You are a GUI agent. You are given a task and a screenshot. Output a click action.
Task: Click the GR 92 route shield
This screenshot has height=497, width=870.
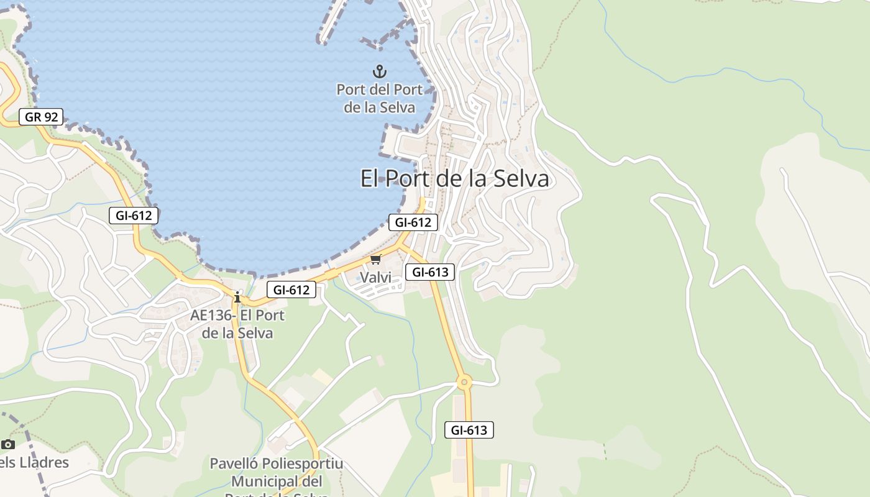(x=41, y=116)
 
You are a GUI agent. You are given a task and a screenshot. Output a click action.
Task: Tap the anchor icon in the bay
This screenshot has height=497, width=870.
(x=379, y=71)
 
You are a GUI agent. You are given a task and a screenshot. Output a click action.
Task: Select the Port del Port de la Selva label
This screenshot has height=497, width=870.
(x=379, y=98)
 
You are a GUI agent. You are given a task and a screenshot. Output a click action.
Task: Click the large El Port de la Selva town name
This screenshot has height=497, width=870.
(x=455, y=179)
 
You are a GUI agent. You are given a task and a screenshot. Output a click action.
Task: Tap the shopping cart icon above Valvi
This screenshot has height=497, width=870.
(x=375, y=260)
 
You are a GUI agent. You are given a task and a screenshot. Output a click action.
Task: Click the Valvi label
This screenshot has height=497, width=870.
(x=376, y=277)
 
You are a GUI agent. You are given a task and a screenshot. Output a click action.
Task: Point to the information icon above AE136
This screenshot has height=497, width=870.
(x=237, y=297)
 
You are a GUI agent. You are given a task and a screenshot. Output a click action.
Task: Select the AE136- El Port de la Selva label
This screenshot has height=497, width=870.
(x=237, y=324)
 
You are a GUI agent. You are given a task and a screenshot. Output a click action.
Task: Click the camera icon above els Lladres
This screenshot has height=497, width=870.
(x=7, y=444)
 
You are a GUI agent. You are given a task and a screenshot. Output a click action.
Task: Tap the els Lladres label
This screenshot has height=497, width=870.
(x=34, y=462)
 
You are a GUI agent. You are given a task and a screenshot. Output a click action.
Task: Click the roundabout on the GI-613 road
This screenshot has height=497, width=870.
(x=464, y=382)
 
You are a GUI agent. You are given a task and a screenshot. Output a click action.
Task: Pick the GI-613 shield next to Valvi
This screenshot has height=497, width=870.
(x=430, y=271)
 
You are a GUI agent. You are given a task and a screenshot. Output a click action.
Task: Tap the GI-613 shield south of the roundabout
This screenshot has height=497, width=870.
(x=469, y=429)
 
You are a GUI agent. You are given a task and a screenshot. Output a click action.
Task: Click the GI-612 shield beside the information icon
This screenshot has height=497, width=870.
(x=291, y=289)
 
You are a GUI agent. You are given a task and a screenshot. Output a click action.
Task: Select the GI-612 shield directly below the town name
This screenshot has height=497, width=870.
(x=413, y=222)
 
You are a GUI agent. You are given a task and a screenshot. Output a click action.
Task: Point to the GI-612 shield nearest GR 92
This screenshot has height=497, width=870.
(x=134, y=216)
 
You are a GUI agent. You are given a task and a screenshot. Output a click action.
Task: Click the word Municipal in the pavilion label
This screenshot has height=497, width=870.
(x=277, y=481)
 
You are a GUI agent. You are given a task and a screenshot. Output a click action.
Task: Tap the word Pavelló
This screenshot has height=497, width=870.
(x=234, y=464)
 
